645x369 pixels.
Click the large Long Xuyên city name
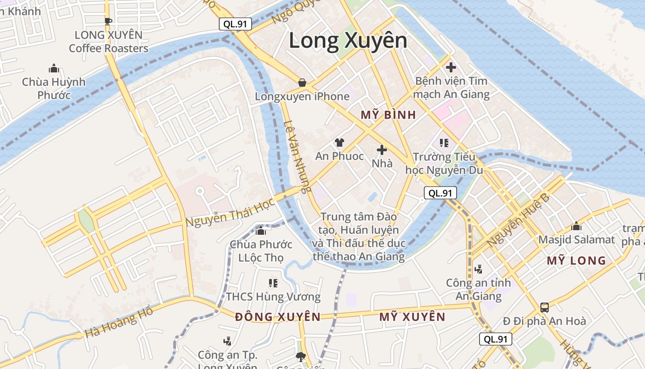348,41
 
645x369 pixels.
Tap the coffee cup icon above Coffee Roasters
108,21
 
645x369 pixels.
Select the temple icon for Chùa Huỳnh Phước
54,69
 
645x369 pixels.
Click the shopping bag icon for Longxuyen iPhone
302,83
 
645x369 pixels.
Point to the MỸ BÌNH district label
388,115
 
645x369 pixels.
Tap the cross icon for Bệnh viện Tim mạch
451,67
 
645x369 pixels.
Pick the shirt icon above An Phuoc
340,142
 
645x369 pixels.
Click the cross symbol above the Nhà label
381,149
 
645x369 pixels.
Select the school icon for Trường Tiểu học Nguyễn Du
444,143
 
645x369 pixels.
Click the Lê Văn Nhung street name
298,157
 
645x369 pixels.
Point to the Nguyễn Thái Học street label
230,213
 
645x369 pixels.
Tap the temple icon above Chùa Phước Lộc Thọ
261,230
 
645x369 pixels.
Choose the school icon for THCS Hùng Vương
273,283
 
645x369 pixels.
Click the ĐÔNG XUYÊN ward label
277,317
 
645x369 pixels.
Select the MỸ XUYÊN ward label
412,317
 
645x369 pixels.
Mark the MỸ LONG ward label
576,261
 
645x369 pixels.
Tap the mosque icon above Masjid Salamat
576,226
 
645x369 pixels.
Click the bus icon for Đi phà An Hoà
544,307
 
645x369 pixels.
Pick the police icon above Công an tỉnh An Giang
478,269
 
